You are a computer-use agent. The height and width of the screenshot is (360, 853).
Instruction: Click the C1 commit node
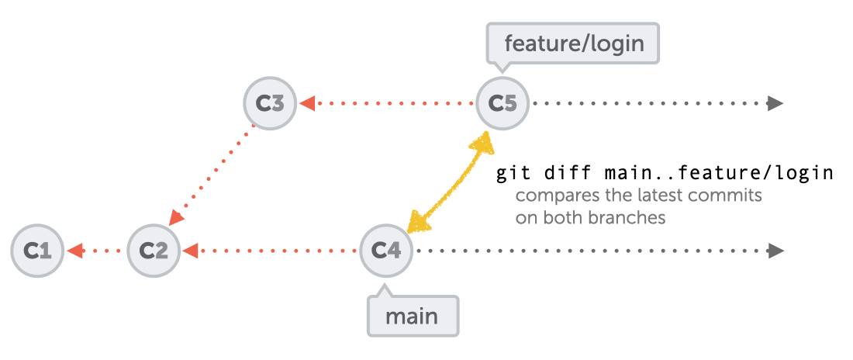(37, 251)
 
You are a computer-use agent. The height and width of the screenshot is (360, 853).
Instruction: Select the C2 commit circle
(154, 251)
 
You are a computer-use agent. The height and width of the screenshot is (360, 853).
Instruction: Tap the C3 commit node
(270, 102)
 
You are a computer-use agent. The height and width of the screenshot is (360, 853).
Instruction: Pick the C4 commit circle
(386, 251)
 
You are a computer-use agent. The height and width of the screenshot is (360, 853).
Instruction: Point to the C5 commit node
(502, 102)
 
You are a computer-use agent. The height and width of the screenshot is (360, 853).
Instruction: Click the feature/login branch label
(574, 43)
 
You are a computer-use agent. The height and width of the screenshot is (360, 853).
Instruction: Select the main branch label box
(413, 317)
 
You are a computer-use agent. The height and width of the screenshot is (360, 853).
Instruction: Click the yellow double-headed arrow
(450, 182)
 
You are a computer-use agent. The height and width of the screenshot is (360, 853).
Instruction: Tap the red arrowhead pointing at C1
(75, 251)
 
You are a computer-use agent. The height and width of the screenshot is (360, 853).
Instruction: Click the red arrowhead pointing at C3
(308, 102)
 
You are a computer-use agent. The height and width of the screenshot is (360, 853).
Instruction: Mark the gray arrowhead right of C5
(775, 102)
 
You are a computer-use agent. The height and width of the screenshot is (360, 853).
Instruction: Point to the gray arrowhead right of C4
(775, 251)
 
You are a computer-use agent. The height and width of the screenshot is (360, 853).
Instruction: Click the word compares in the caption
(550, 196)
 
